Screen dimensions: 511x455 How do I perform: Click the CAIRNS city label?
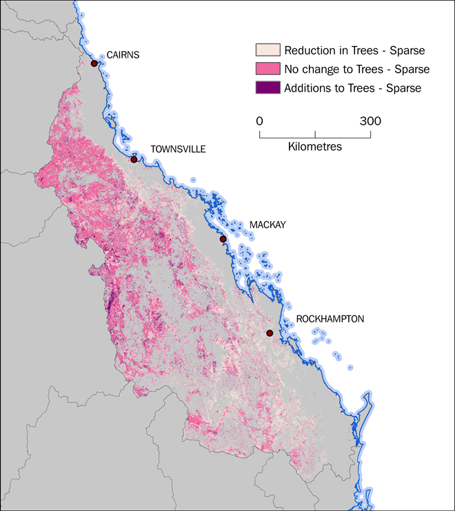pyautogui.click(x=123, y=55)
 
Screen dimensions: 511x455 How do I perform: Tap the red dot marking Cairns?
pyautogui.click(x=94, y=63)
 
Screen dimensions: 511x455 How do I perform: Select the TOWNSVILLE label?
pyautogui.click(x=178, y=149)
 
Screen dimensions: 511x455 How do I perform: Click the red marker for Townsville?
pyautogui.click(x=134, y=159)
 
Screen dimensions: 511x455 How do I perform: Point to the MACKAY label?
pyautogui.click(x=267, y=225)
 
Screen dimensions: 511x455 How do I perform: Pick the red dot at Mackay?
pyautogui.click(x=223, y=239)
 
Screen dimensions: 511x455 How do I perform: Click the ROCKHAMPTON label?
pyautogui.click(x=330, y=320)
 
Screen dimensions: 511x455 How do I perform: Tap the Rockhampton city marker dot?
pyautogui.click(x=270, y=333)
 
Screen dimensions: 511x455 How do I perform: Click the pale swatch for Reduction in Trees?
pyautogui.click(x=267, y=50)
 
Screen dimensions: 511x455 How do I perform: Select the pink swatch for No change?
pyautogui.click(x=267, y=69)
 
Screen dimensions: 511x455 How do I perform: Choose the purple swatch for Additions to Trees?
pyautogui.click(x=267, y=87)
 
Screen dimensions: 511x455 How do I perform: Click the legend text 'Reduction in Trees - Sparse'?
pyautogui.click(x=354, y=50)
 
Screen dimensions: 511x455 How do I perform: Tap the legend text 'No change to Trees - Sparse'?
pyautogui.click(x=356, y=69)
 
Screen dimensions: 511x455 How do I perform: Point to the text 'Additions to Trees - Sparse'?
pyautogui.click(x=352, y=87)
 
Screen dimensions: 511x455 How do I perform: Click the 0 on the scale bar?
pyautogui.click(x=260, y=121)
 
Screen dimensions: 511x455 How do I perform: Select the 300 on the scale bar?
pyautogui.click(x=370, y=121)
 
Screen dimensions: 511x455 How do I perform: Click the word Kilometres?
pyautogui.click(x=315, y=147)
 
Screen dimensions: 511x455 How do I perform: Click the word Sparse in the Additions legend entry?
pyautogui.click(x=403, y=87)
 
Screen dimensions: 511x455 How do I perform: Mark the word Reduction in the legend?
pyautogui.click(x=309, y=50)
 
